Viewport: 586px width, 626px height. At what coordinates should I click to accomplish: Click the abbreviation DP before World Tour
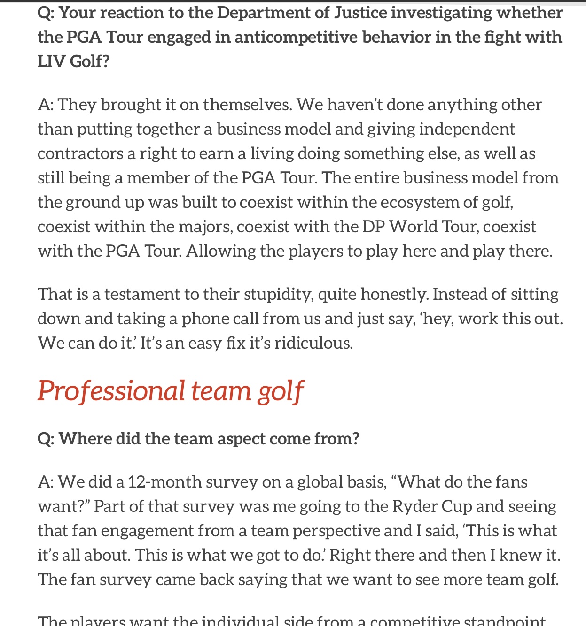coord(374,227)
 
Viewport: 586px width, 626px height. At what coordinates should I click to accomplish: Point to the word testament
coord(142,295)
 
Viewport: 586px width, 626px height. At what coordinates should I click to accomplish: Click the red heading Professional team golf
coord(171,391)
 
